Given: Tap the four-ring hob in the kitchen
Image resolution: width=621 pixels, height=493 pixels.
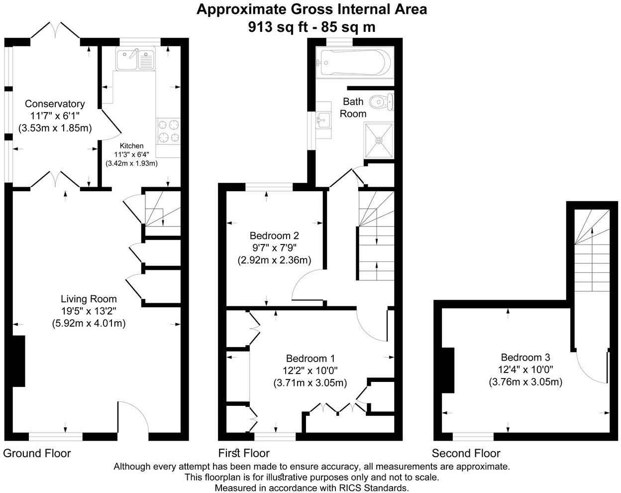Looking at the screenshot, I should pos(169,131).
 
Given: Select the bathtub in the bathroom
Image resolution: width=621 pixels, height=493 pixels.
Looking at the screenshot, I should pos(354,63).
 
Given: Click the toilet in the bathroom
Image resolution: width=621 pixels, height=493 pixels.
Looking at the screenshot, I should pos(383,102).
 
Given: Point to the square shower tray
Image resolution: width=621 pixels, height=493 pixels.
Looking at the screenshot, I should pos(380,140).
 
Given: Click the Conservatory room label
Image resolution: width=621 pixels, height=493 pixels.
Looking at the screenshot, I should pos(55,104).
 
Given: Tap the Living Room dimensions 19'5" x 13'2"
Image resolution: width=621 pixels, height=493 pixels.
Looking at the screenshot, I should pos(89,311).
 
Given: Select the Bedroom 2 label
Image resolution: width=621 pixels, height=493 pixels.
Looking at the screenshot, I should pos(274,236).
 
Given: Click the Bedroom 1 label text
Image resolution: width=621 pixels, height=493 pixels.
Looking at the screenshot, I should pos(310,358).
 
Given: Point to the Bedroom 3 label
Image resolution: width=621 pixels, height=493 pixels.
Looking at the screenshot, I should pos(525,357).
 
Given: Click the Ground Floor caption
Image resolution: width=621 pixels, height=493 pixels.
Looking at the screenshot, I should pos(37,453).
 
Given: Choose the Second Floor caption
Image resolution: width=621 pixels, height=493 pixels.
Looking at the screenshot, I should pos(466,453).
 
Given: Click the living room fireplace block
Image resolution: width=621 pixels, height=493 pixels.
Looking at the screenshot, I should pos(18,361).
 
